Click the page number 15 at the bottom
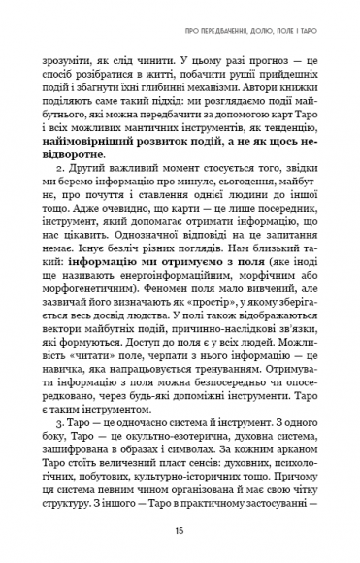click(x=180, y=531)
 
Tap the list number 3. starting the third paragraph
click(x=63, y=397)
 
